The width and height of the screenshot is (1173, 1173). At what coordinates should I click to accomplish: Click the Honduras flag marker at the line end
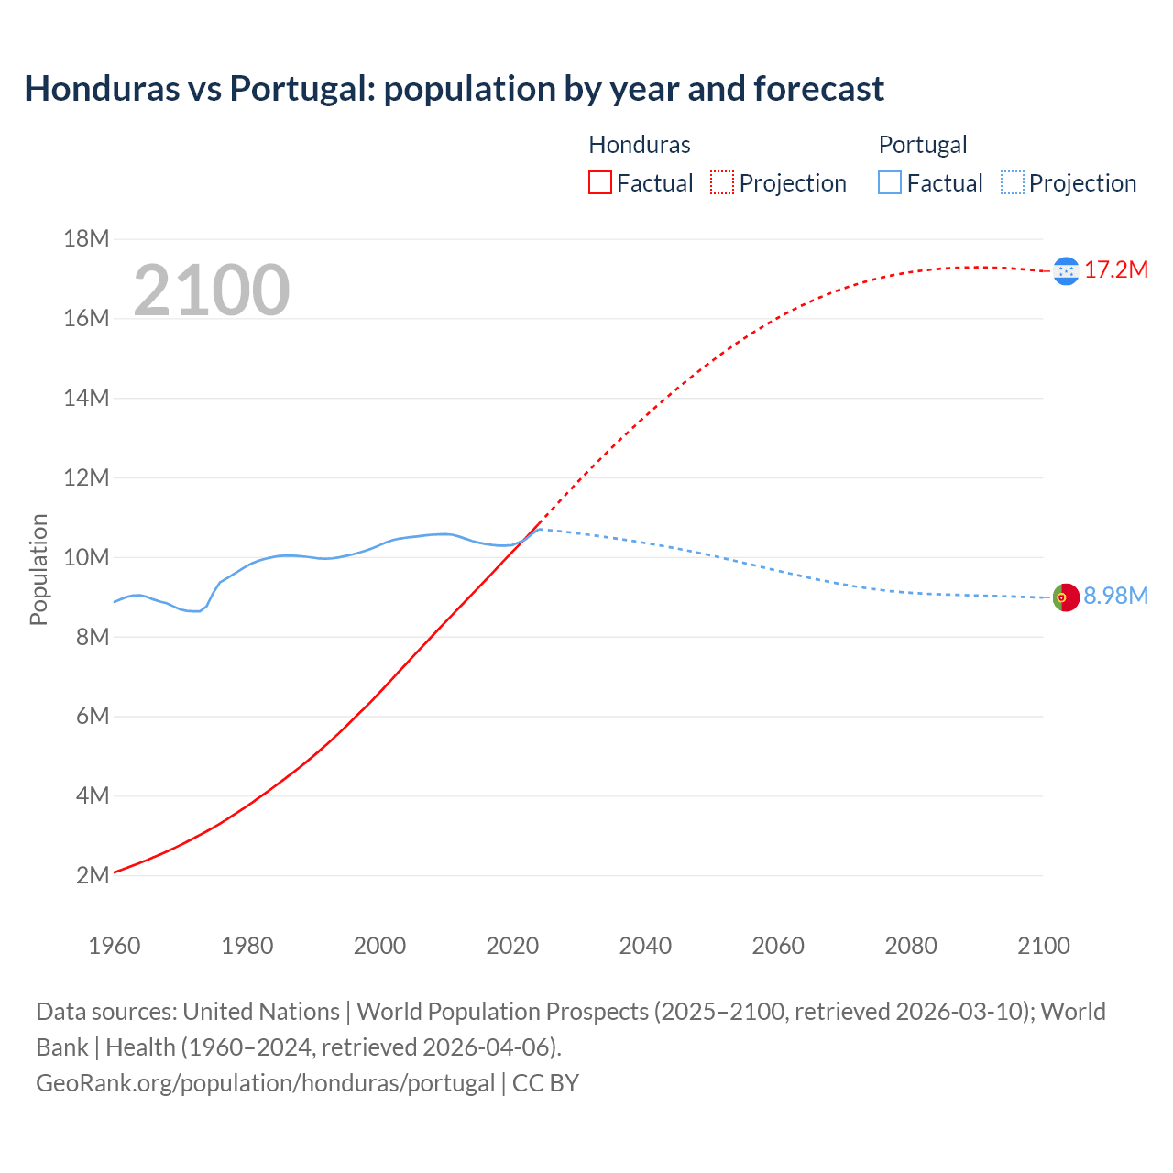(1066, 270)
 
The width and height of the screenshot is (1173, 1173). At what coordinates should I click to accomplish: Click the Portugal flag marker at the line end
(1066, 597)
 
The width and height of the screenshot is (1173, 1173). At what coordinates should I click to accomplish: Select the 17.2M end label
(1116, 269)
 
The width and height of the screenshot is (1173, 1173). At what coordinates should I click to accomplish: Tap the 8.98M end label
(1116, 596)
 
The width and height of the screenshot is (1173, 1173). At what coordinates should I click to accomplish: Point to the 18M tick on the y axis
(86, 239)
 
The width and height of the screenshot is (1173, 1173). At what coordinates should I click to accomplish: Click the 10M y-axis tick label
(86, 557)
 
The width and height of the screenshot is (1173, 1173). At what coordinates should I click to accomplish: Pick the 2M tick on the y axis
(93, 875)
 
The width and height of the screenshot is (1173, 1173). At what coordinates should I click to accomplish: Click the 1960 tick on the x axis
(115, 946)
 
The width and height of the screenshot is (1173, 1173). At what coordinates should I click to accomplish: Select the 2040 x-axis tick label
(645, 946)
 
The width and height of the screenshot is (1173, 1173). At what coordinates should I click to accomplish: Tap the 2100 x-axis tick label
(1044, 946)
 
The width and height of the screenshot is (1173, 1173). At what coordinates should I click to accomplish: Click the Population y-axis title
(38, 569)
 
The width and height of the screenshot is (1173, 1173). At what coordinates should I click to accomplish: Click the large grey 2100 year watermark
(212, 291)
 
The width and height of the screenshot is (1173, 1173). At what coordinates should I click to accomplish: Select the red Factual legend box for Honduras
(600, 182)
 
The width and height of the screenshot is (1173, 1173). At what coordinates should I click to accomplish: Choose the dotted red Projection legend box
(722, 182)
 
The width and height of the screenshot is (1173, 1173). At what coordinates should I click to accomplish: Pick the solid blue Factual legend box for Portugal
(890, 182)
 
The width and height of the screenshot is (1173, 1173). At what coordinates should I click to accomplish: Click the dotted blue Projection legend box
(1013, 182)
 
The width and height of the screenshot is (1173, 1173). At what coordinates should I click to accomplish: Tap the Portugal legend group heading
(923, 145)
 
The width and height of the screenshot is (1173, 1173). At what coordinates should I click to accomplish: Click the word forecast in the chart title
(818, 89)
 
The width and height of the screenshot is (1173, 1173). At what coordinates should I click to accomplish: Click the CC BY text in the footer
(545, 1083)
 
